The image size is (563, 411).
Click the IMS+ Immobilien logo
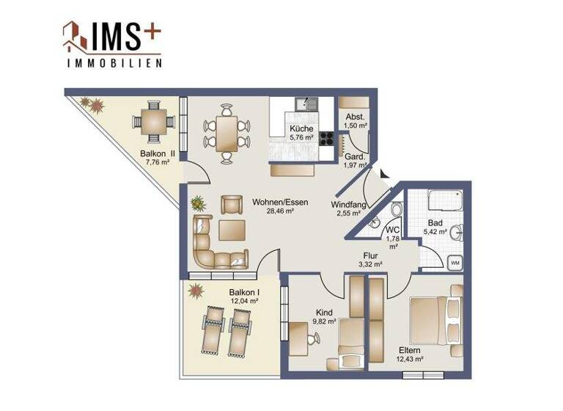click(112, 44)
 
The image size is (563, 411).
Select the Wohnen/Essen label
click(279, 202)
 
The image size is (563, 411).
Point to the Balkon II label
click(157, 153)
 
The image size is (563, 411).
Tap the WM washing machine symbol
click(455, 263)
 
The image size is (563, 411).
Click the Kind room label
click(323, 311)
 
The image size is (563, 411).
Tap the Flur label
click(370, 255)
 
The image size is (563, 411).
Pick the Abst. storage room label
click(356, 117)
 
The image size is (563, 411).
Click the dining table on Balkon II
click(153, 122)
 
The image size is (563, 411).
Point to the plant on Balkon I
click(196, 291)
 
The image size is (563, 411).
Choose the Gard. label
click(355, 156)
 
